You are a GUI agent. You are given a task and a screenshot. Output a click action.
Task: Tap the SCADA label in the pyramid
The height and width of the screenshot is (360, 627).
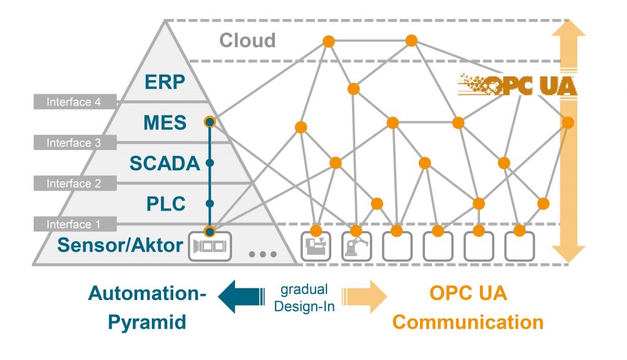[165, 163]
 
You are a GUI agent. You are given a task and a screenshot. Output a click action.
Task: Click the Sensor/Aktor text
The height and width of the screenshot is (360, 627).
[120, 246]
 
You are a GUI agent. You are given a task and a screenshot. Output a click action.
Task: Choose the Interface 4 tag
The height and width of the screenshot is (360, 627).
[73, 102]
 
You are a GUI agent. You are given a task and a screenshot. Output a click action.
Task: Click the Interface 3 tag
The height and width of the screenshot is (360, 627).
[73, 143]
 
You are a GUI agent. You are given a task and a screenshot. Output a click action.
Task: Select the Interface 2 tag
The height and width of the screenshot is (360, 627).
[73, 183]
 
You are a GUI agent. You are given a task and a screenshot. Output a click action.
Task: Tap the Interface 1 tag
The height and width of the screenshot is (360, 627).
[73, 224]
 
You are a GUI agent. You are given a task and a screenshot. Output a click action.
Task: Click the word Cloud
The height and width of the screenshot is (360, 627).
[247, 40]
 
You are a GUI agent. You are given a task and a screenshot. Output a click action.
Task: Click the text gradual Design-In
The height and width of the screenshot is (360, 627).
[304, 298]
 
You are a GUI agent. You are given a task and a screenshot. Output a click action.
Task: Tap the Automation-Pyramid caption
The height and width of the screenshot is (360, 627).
[147, 307]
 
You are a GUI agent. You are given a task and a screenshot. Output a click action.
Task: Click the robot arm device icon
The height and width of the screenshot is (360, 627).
[355, 247]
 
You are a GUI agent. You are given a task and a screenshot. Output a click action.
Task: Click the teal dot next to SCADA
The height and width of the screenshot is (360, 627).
[209, 163]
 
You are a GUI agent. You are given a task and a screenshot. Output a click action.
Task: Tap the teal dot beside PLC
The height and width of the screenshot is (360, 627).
[209, 203]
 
